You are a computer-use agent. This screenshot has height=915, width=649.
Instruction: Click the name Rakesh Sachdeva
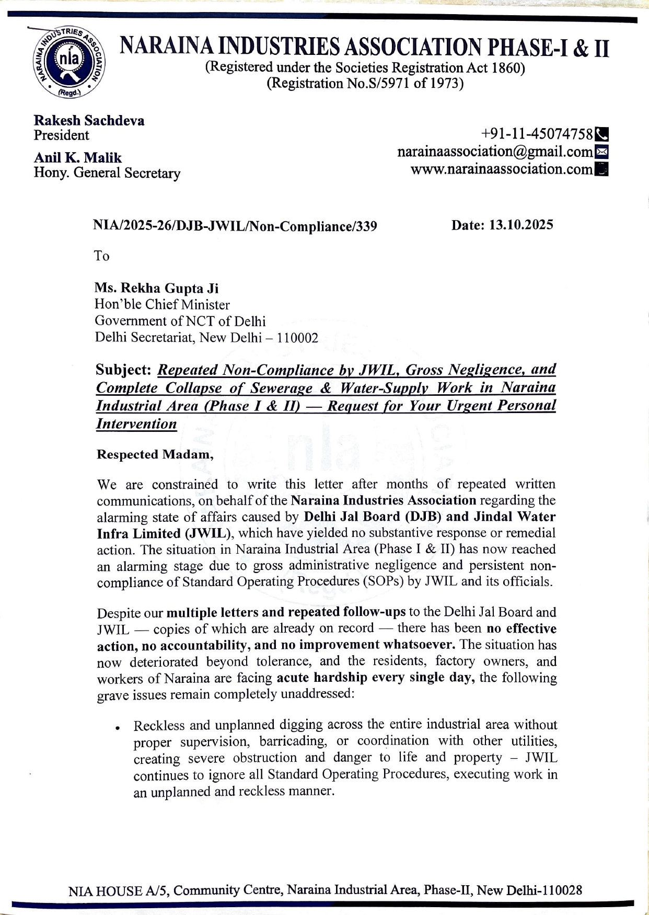pos(89,120)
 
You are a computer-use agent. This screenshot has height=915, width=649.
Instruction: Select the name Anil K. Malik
pos(77,157)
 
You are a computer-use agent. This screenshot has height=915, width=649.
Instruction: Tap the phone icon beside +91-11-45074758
pos(602,134)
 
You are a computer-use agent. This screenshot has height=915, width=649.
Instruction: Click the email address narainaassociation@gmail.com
pos(495,152)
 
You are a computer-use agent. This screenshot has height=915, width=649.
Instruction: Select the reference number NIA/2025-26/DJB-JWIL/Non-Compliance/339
pos(235,226)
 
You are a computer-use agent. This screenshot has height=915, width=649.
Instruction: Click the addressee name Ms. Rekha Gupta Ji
pos(156,288)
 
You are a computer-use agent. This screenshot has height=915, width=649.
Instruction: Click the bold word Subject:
pos(123,370)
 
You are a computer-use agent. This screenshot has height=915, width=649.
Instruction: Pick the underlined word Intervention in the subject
pos(136,424)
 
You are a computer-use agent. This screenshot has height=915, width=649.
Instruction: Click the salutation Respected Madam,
pos(155,454)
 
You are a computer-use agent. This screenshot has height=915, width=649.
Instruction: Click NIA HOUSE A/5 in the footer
pos(119,890)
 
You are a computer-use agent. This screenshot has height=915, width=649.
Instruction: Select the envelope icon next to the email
pos(602,152)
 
